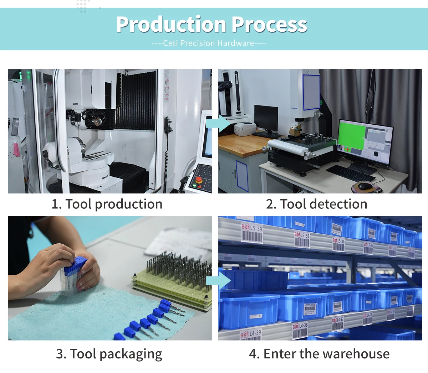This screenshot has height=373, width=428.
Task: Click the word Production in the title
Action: coord(171,25)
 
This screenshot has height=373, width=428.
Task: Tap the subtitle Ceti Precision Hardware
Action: coord(209,43)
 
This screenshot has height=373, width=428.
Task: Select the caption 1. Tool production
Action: coord(107,204)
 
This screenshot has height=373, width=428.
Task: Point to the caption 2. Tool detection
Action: coord(316,204)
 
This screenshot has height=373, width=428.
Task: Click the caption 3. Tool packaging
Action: coord(109,354)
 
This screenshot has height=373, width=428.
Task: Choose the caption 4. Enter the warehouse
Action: coord(319,354)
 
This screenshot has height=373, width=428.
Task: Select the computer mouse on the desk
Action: coord(365,186)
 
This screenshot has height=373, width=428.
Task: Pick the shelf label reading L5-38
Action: coord(302,239)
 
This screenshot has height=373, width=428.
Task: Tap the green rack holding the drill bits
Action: coord(171,285)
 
